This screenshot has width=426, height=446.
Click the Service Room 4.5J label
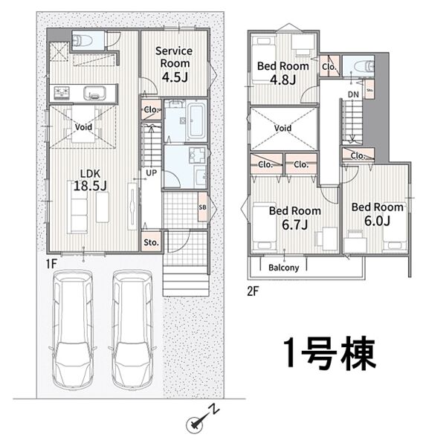point(174,64)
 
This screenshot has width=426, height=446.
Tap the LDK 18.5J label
point(90,180)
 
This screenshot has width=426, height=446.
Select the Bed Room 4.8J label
point(283,73)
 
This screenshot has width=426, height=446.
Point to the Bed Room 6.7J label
point(295,218)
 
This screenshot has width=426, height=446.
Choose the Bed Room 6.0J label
point(378,214)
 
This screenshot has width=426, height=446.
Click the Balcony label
point(284,268)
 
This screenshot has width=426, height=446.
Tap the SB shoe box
point(203,207)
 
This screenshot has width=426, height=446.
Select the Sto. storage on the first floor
point(151,242)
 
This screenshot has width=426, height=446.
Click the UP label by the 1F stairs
point(151,172)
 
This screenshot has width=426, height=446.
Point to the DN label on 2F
point(353,94)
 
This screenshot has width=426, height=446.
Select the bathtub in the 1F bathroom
point(198,120)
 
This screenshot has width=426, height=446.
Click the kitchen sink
point(94,94)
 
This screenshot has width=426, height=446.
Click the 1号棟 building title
point(329,354)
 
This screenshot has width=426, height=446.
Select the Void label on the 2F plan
point(283,128)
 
